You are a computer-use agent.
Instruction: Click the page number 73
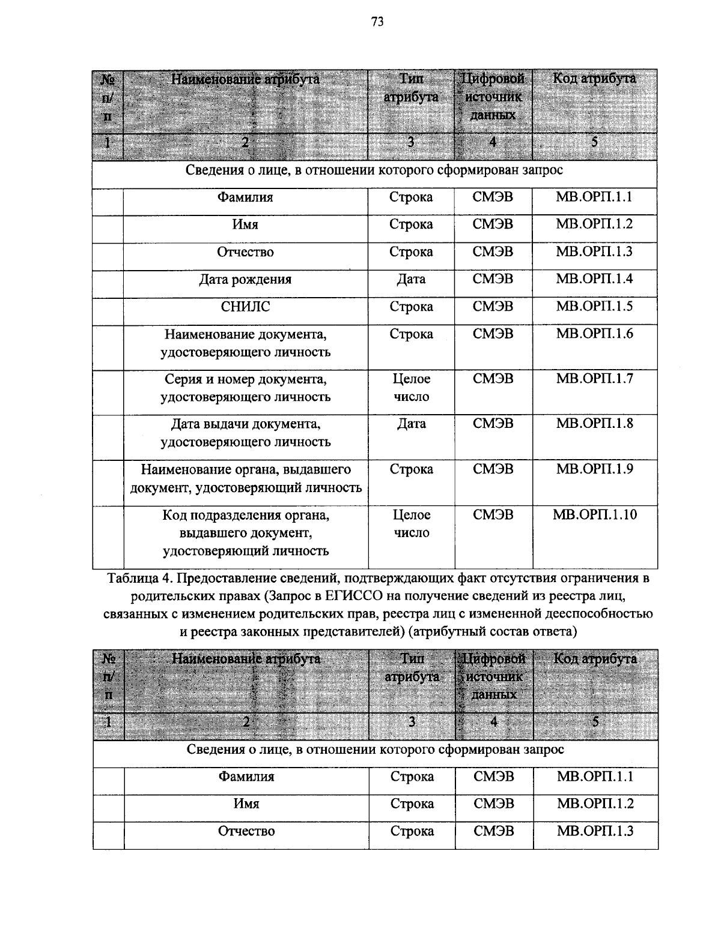[377, 22]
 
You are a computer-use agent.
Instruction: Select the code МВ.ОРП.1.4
[594, 279]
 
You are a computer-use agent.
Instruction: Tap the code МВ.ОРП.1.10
[594, 514]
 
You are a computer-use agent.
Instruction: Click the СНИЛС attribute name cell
[245, 307]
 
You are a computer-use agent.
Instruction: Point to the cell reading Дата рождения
[245, 280]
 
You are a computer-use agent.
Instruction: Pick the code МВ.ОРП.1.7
[594, 379]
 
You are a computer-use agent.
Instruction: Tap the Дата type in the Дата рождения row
[411, 280]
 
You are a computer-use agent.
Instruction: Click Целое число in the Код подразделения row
[411, 523]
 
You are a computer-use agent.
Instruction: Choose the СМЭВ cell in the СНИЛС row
[493, 307]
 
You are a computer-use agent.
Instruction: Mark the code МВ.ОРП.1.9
[594, 469]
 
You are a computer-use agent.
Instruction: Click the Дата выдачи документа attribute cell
[245, 433]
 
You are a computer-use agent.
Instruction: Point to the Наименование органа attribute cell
[245, 478]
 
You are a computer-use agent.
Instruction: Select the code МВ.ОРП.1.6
[594, 334]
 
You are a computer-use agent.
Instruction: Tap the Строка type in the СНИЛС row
[411, 307]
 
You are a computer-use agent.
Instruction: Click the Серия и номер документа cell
[245, 388]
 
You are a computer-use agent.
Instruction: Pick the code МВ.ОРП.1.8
[594, 424]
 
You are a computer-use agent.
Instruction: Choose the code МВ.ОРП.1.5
[594, 307]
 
